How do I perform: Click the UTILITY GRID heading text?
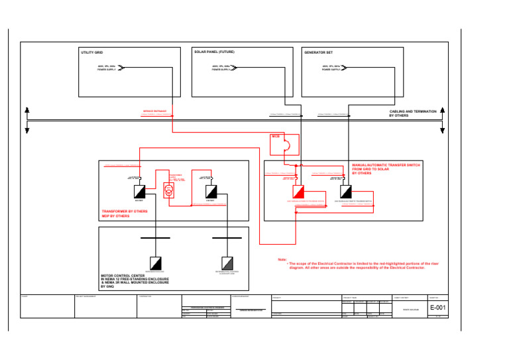point(91,52)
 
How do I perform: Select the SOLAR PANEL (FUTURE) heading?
point(214,51)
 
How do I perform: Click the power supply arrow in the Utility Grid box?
point(123,67)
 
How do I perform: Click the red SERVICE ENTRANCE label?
point(154,111)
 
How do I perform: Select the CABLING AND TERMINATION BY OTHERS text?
point(412,113)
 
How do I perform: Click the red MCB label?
point(276,137)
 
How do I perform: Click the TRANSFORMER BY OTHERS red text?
point(125,211)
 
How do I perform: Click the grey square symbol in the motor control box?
point(227,261)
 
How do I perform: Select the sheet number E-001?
point(437,308)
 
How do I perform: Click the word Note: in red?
point(282,259)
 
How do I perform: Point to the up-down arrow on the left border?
point(26,119)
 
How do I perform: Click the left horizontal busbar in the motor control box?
point(155,237)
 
